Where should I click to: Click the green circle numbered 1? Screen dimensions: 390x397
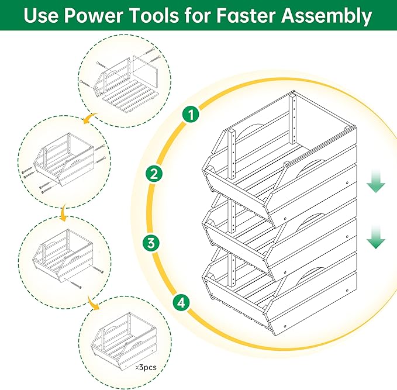(x=189, y=114)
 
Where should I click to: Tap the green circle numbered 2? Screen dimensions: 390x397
(x=153, y=174)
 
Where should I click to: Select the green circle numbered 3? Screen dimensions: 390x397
(x=151, y=243)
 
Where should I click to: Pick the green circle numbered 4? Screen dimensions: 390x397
(x=182, y=302)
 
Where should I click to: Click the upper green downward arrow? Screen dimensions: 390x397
(x=376, y=185)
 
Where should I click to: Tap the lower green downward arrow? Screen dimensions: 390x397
(x=376, y=239)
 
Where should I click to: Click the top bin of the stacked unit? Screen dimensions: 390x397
(x=281, y=158)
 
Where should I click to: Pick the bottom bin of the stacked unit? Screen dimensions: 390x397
(x=281, y=287)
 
